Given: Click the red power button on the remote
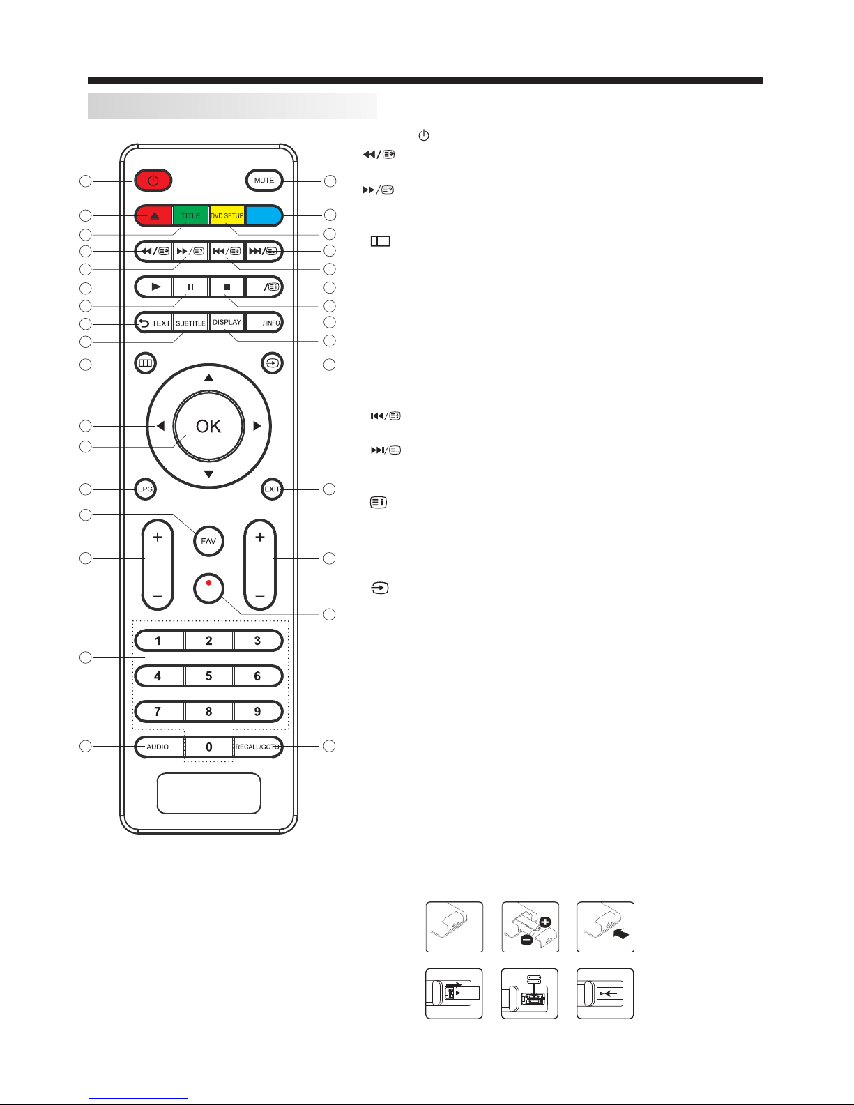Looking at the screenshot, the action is point(153,181).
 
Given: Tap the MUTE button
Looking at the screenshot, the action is point(264,181).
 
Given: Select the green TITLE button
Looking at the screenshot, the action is point(190,215).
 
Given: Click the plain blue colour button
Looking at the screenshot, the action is point(264,215).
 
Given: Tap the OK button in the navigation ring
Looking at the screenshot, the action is point(209,426).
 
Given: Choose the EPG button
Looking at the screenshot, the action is point(146,489).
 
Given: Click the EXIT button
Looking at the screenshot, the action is point(272,489).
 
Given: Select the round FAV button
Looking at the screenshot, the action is point(208,541).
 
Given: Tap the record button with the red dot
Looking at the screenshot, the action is point(208,588).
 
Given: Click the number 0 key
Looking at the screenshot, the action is point(209,747).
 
